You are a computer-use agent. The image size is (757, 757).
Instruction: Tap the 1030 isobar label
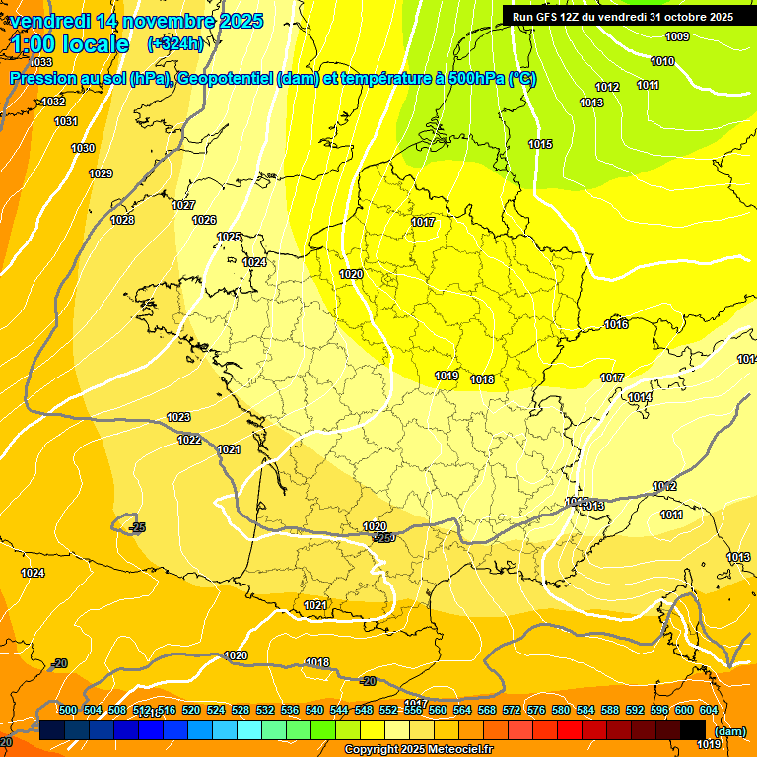point(83,148)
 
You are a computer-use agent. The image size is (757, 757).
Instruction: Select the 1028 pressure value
point(122,220)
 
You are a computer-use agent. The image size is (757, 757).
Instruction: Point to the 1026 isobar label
point(204,220)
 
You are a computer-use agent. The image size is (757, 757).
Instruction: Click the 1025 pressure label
point(230,237)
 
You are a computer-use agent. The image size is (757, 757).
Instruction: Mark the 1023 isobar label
point(178,417)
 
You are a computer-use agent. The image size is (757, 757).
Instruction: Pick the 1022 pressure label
point(190,440)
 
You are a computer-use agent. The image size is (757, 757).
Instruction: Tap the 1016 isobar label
point(616,324)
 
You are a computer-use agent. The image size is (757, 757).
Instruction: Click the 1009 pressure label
point(677,37)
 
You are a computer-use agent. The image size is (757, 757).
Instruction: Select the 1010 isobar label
point(662,61)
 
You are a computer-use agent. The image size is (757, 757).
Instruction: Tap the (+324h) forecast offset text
point(175,43)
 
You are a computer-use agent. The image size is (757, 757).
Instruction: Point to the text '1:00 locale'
point(71,44)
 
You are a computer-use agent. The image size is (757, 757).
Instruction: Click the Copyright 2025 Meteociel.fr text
point(418,750)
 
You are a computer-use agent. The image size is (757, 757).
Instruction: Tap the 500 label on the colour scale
point(68,710)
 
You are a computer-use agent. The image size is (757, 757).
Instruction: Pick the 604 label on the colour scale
point(708,710)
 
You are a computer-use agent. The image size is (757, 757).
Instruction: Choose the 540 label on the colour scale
point(314,710)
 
